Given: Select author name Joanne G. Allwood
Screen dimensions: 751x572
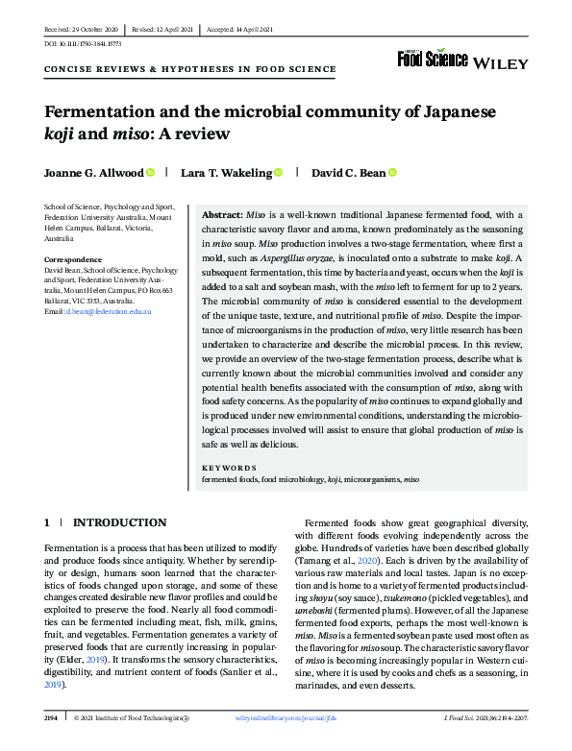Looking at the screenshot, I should pyautogui.click(x=93, y=173).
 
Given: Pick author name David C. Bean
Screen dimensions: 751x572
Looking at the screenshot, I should pyautogui.click(x=347, y=173).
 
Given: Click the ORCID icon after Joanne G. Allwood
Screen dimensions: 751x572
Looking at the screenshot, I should pyautogui.click(x=150, y=173).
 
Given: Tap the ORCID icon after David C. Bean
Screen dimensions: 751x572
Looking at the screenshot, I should pyautogui.click(x=392, y=173).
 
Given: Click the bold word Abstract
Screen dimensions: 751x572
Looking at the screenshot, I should pyautogui.click(x=221, y=216).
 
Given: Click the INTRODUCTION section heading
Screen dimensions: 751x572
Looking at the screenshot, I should pyautogui.click(x=119, y=522).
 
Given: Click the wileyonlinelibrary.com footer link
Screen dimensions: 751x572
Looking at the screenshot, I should pyautogui.click(x=285, y=717).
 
